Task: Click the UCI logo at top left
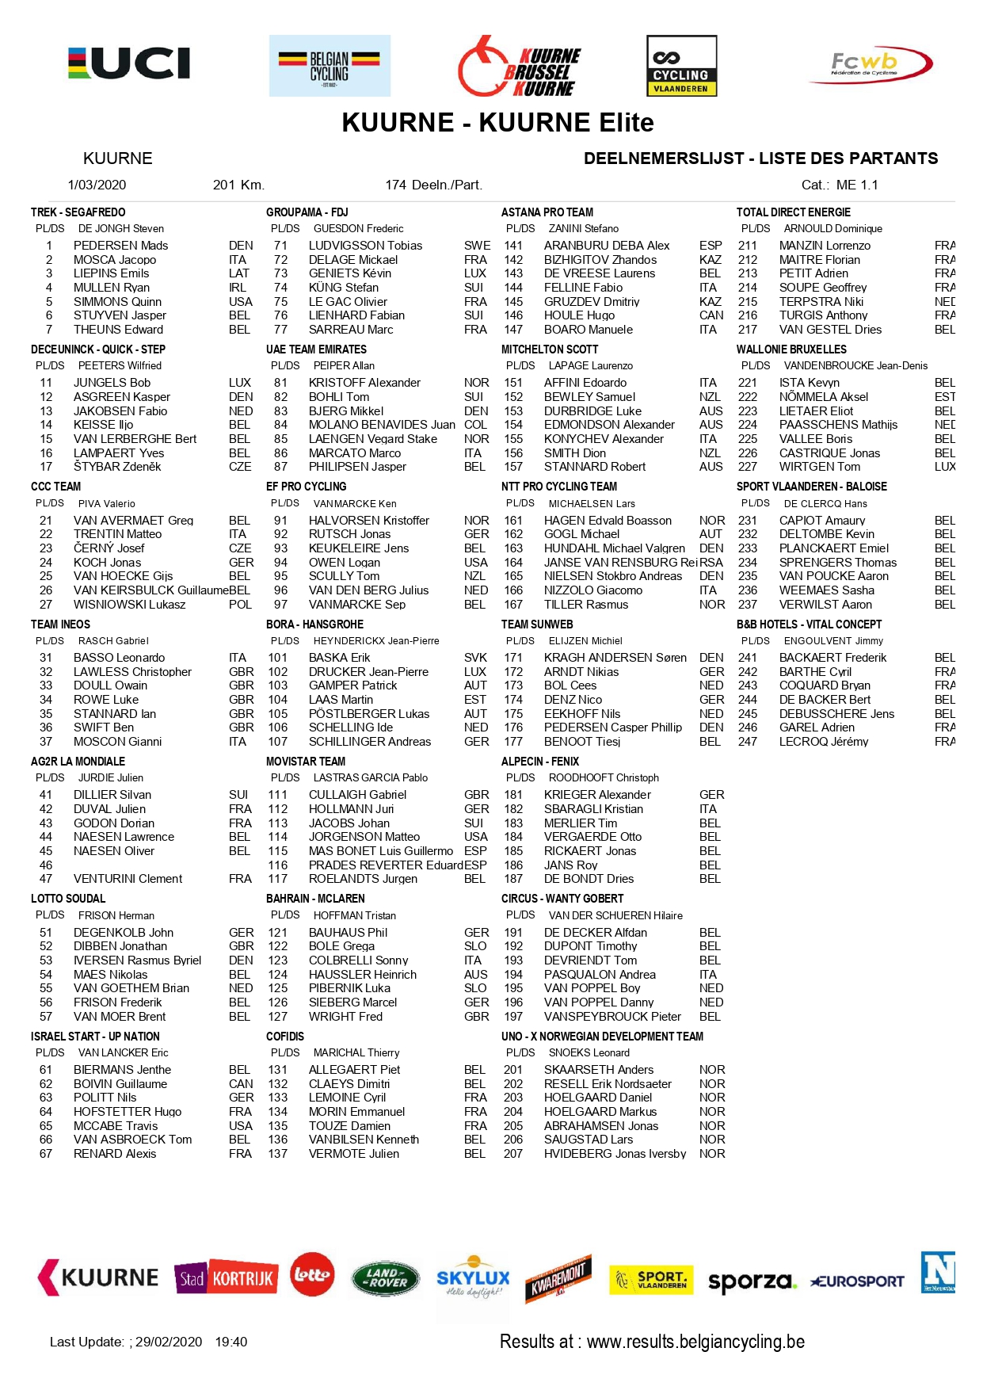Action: point(129,63)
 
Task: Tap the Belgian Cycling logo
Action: point(330,66)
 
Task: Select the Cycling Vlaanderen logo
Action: point(681,66)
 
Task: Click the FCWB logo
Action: point(870,64)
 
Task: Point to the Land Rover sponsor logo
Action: point(386,1277)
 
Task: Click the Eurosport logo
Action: point(857,1281)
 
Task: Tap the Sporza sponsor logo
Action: point(751,1281)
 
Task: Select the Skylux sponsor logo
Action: point(473,1277)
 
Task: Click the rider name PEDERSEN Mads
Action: point(120,246)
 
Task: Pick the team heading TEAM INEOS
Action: point(60,624)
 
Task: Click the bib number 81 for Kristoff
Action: point(280,383)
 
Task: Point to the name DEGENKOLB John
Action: point(123,933)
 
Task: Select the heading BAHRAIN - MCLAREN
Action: point(315,899)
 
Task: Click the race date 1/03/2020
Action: point(97,185)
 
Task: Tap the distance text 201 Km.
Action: point(238,185)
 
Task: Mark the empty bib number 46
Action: point(46,865)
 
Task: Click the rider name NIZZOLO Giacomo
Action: point(592,590)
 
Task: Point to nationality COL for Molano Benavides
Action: point(475,425)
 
